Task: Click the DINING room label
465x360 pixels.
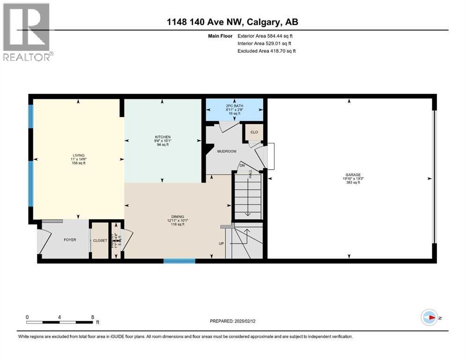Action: [177, 216]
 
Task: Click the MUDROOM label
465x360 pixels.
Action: [226, 151]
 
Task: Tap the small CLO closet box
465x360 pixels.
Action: [254, 132]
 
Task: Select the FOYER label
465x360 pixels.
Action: [70, 240]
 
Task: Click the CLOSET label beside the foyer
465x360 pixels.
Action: [100, 240]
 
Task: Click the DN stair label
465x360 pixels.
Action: [243, 165]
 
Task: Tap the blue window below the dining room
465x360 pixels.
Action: [179, 261]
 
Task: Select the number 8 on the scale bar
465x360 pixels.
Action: [92, 317]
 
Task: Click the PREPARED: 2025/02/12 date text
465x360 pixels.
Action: [232, 321]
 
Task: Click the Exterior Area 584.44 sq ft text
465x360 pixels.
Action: [266, 36]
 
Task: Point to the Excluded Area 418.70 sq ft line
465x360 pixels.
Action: [266, 51]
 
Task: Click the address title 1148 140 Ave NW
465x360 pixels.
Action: [232, 22]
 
